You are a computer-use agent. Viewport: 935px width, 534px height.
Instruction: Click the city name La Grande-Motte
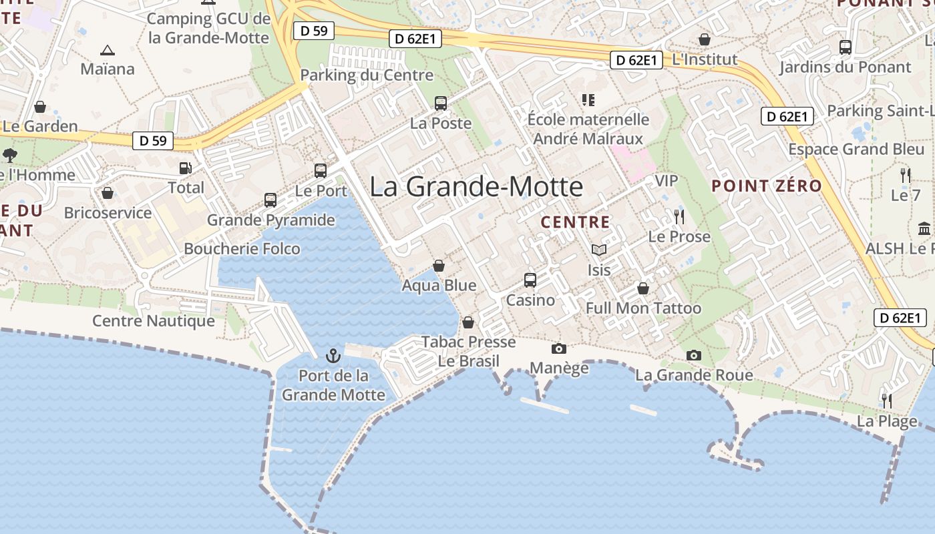(476, 186)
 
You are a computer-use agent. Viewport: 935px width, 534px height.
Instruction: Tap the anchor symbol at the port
(333, 356)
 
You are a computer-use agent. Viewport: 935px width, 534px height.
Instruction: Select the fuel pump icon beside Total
(186, 168)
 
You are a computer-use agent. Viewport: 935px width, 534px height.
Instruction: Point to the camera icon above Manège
(559, 348)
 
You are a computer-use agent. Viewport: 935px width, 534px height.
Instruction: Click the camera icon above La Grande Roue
(694, 355)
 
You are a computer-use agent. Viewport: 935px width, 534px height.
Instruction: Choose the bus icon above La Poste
(441, 103)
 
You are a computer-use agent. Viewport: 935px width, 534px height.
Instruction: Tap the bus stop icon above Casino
(530, 280)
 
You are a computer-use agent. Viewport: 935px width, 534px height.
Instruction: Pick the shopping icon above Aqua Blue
(439, 266)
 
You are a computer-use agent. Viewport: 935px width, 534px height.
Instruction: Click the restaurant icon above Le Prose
(679, 217)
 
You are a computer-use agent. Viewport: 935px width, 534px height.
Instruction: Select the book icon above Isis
(599, 250)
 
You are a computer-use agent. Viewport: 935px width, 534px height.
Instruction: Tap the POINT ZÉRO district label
(767, 186)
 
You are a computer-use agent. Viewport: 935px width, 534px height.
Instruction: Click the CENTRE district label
(575, 222)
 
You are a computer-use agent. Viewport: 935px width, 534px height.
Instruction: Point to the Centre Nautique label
(154, 321)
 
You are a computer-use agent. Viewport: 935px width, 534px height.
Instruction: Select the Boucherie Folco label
(242, 249)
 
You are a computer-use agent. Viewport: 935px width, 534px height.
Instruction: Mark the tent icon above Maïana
(107, 50)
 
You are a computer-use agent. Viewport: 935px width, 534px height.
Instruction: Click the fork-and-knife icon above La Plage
(887, 401)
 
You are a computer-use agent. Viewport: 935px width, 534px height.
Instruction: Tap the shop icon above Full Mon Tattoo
(643, 288)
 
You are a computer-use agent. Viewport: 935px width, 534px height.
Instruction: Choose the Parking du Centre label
(367, 75)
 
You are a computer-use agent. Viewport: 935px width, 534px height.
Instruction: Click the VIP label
(666, 181)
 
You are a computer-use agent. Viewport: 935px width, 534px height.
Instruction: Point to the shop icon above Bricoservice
(108, 194)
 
